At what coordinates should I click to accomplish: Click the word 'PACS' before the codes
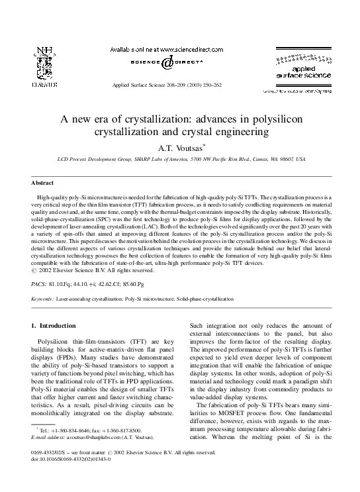pyautogui.click(x=40, y=282)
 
